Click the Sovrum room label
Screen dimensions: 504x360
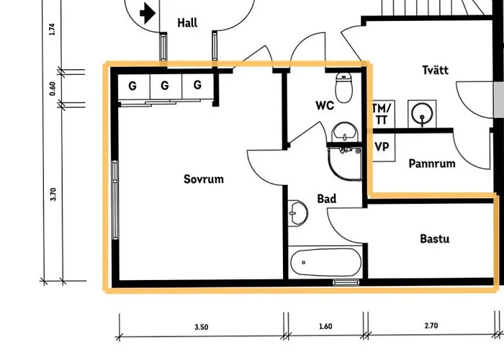click(x=204, y=179)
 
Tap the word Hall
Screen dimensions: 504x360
click(x=187, y=23)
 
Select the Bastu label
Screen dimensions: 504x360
click(x=435, y=239)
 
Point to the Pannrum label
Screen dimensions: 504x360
click(x=432, y=163)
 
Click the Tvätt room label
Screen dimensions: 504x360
click(x=435, y=70)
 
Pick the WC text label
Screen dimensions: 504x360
click(x=325, y=105)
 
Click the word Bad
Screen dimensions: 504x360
click(x=327, y=199)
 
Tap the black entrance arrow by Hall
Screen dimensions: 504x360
click(x=148, y=14)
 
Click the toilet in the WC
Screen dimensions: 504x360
click(x=343, y=87)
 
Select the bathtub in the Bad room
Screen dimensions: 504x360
click(x=325, y=262)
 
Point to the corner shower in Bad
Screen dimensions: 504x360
click(x=345, y=164)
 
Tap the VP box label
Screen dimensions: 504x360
click(x=382, y=147)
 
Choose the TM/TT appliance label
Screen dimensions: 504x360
click(x=382, y=114)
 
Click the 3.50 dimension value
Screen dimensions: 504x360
click(x=201, y=327)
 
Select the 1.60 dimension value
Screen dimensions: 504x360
click(x=325, y=326)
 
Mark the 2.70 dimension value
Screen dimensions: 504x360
click(x=431, y=325)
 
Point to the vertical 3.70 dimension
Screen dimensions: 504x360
click(x=53, y=194)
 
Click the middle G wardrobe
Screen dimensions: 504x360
click(x=165, y=86)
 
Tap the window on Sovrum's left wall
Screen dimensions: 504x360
click(x=114, y=200)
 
